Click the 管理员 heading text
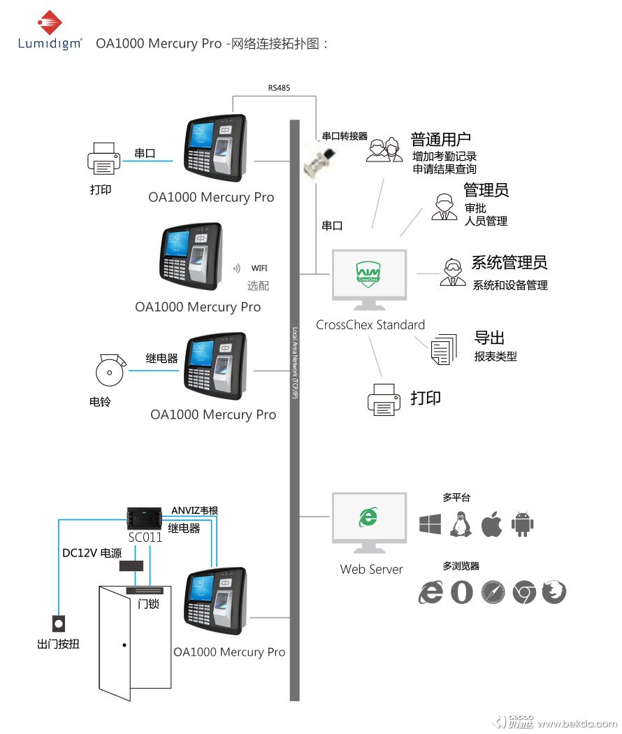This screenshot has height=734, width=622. point(486,190)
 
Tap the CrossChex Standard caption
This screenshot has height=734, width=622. point(370,325)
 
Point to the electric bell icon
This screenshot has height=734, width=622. point(110,370)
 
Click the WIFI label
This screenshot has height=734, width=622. point(259,268)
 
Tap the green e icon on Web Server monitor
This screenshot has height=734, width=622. point(368,517)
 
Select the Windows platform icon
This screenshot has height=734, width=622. point(430,524)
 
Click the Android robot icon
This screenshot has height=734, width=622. point(523,524)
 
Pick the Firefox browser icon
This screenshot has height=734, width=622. point(554,592)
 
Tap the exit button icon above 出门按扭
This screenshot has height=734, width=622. point(59,623)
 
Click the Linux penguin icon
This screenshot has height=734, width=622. point(460,524)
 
